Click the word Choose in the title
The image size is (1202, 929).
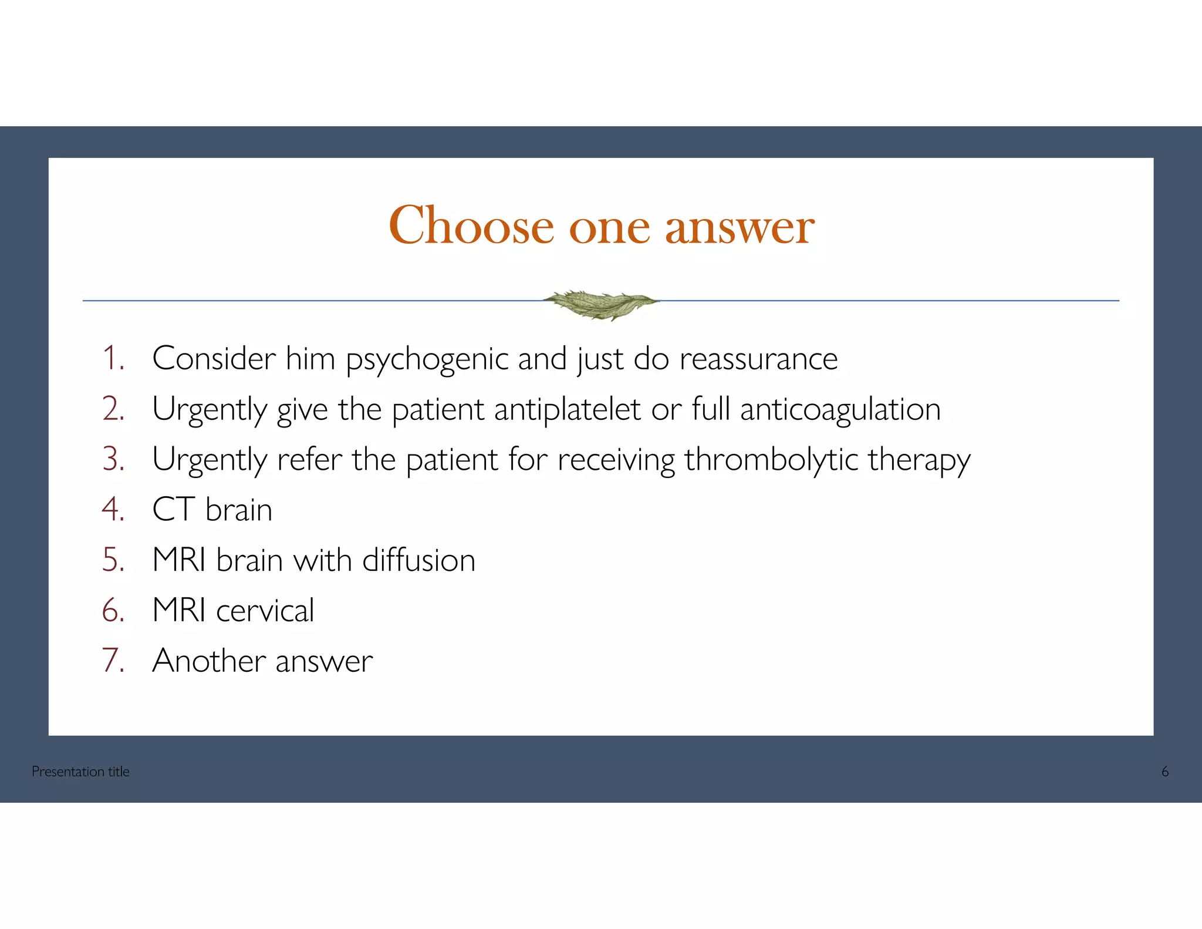pos(471,226)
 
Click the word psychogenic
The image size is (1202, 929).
pos(427,359)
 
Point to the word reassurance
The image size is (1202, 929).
pos(758,359)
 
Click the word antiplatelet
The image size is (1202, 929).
pos(567,409)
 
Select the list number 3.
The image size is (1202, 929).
pos(113,459)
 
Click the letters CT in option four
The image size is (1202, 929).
pos(173,509)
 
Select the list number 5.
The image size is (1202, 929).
pos(113,560)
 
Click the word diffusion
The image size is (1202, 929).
pos(418,560)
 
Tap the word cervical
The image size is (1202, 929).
pos(265,611)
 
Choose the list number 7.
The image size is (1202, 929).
pos(113,661)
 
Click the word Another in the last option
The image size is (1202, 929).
pos(209,661)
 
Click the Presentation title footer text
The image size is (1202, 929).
pos(80,772)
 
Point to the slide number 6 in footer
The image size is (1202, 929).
pos(1165,772)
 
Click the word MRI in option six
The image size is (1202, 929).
pos(179,610)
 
